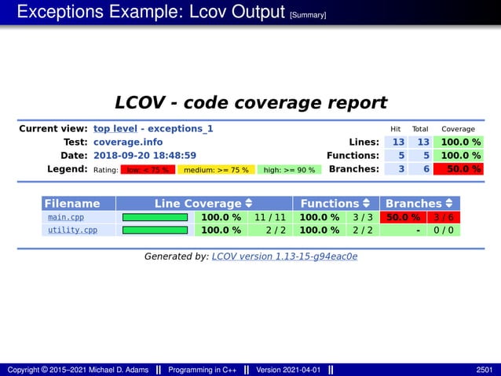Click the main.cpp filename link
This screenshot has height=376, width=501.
[x=66, y=217]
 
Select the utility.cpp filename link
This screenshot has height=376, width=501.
[x=72, y=230]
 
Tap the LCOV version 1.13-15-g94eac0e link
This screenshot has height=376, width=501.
[x=284, y=256]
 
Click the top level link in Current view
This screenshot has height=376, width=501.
[x=115, y=128]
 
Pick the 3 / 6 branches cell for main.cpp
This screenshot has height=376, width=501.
[x=444, y=217]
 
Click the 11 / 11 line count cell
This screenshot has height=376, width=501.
[x=269, y=217]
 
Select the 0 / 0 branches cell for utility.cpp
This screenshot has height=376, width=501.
[x=444, y=230]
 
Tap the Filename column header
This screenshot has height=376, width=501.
[x=72, y=204]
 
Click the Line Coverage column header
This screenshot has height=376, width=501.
[x=203, y=204]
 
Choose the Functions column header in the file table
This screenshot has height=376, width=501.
[x=335, y=204]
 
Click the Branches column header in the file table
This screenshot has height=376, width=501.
[x=419, y=204]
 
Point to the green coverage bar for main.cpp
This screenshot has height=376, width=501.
[x=155, y=217]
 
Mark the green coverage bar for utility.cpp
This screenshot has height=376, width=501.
[x=155, y=230]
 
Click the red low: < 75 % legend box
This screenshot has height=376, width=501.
[x=148, y=169]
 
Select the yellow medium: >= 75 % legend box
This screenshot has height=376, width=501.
[x=215, y=169]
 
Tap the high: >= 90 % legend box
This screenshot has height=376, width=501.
[x=289, y=169]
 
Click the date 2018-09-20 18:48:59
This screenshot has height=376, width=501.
[x=144, y=156]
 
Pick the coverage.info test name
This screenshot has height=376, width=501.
[x=128, y=142]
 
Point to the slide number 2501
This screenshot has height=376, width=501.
[x=485, y=370]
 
